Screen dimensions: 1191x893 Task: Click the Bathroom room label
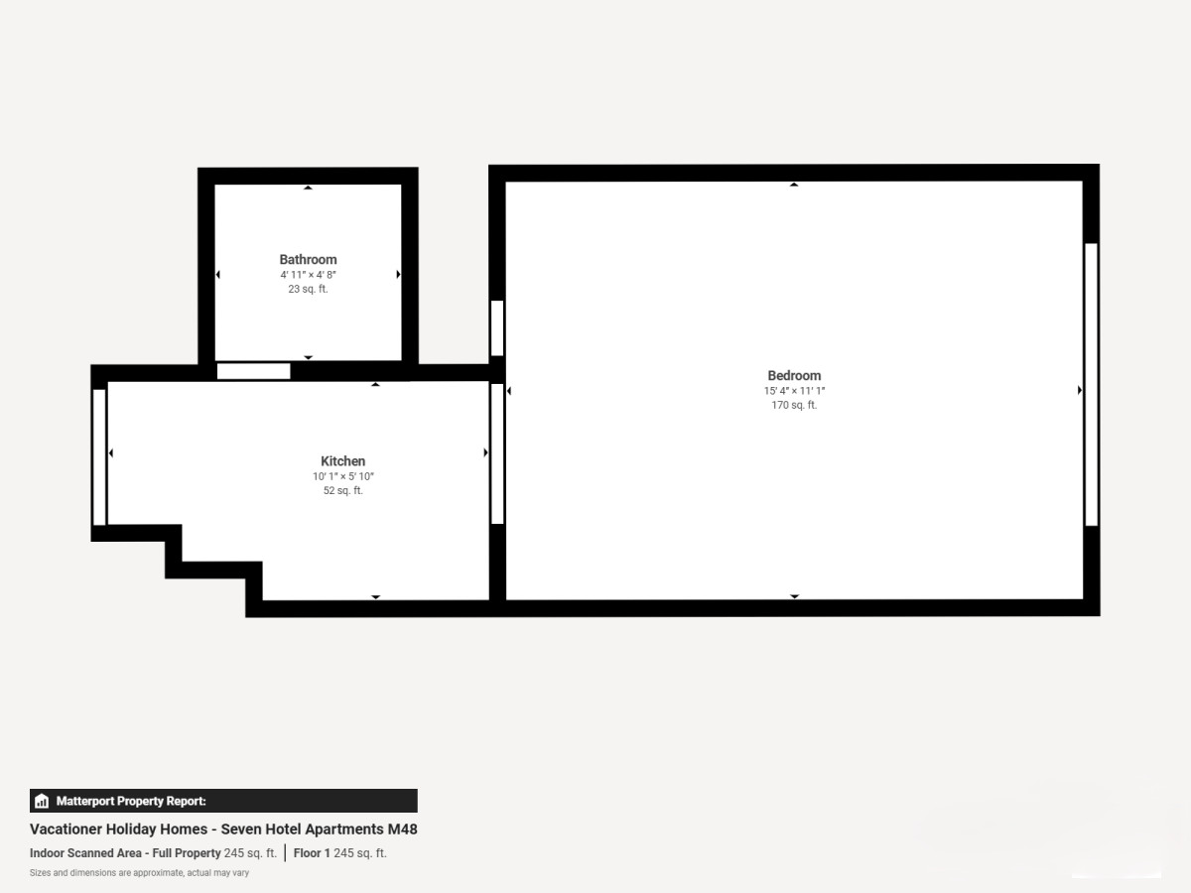tap(308, 260)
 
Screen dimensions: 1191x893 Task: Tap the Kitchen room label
tap(343, 461)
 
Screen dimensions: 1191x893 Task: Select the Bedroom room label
tap(794, 376)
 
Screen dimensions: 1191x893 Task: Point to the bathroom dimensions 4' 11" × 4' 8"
tap(308, 275)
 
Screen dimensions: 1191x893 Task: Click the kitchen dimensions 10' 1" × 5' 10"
tap(343, 476)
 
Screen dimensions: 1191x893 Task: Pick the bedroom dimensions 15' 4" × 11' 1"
tap(794, 391)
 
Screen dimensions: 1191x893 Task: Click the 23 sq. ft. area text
tap(308, 289)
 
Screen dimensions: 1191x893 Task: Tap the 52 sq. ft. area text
tap(343, 491)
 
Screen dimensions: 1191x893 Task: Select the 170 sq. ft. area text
tap(794, 405)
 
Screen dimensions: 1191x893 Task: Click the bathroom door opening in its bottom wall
tap(253, 371)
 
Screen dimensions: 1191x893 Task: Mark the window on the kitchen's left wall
tap(99, 457)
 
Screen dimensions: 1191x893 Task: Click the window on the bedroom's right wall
tap(1091, 384)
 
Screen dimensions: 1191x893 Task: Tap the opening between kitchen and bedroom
tap(497, 453)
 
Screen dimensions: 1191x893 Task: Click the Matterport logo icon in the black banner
tap(42, 801)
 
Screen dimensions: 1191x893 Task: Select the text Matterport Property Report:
tap(131, 801)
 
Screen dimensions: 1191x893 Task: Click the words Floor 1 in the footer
tap(312, 853)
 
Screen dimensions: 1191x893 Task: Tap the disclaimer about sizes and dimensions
tap(139, 873)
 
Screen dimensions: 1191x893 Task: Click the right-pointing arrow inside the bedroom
tap(1080, 390)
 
